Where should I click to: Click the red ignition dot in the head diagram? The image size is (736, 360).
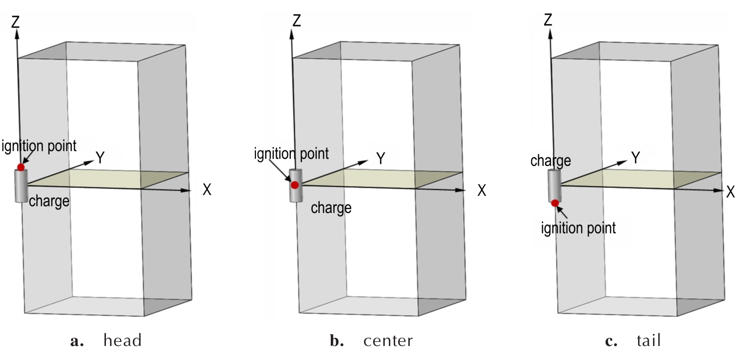(x=20, y=166)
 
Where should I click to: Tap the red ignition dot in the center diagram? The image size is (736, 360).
(x=295, y=185)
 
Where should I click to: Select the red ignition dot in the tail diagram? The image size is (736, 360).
(x=555, y=202)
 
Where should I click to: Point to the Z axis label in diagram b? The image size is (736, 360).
(x=297, y=21)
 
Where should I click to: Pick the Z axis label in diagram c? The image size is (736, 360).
(x=548, y=20)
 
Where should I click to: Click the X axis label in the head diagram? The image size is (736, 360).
(x=207, y=190)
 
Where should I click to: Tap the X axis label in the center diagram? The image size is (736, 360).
(x=482, y=190)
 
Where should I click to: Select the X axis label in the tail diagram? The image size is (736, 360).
(x=731, y=191)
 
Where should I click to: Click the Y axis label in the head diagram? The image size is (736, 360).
(x=100, y=158)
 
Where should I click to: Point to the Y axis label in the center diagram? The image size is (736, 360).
(x=381, y=158)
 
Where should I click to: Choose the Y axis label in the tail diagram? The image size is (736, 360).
(x=635, y=158)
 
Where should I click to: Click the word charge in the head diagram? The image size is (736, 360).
(x=49, y=201)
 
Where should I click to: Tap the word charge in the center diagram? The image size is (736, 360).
(x=331, y=207)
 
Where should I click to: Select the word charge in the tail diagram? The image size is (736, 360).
(x=551, y=161)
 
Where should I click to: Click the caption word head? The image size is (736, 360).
(x=122, y=341)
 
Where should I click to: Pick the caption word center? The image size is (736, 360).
(x=388, y=341)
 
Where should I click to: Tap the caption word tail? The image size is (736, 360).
(x=649, y=341)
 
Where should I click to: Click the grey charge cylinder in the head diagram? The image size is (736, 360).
(x=21, y=186)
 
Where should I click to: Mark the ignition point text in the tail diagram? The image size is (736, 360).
(x=579, y=228)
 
